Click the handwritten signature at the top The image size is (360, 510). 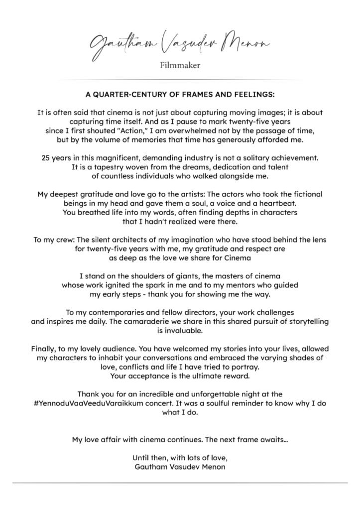[x=180, y=46]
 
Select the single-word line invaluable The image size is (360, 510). [x=180, y=331]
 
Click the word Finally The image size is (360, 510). [x=45, y=349]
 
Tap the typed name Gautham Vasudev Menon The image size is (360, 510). [x=180, y=467]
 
